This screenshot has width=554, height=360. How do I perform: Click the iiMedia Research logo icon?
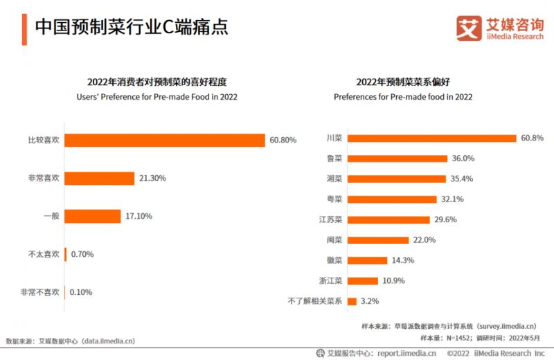tap(469, 28)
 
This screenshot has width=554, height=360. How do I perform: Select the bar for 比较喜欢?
tap(165, 140)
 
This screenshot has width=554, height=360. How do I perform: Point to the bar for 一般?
tap(93, 216)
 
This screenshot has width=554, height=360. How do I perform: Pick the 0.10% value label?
tap(82, 292)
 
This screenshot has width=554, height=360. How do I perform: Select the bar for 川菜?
tap(432, 138)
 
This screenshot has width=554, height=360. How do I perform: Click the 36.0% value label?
tap(465, 159)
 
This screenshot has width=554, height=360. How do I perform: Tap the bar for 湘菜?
tap(396, 179)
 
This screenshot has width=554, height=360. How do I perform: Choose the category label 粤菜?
tap(334, 199)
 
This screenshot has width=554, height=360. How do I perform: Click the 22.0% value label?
tap(425, 240)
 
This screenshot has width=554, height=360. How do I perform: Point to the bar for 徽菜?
tap(367, 260)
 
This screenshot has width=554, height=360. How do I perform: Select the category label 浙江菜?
tap(330, 280)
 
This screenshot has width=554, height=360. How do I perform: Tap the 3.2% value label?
tap(370, 301)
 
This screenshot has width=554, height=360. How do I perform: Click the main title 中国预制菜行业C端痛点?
tap(131, 27)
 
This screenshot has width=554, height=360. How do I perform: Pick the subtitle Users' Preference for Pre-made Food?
tap(157, 97)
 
